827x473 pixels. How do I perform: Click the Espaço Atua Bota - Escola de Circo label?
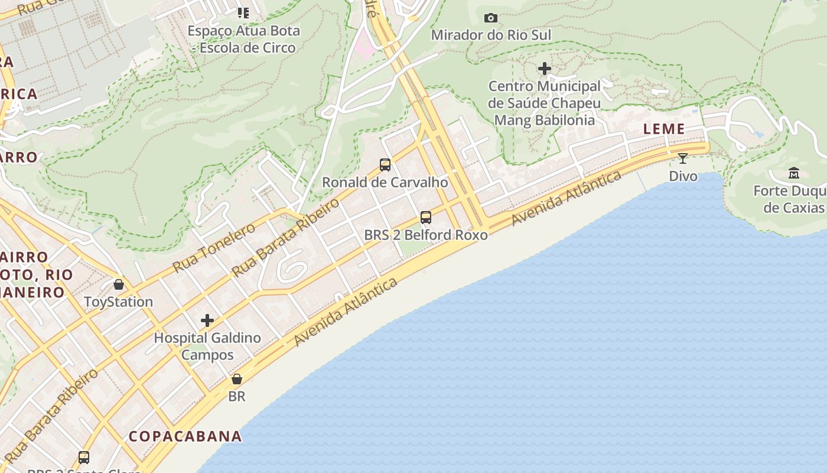[244, 39]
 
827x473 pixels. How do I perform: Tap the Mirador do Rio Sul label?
[491, 35]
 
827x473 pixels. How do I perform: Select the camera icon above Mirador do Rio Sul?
[491, 18]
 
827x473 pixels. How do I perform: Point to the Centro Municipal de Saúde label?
[544, 103]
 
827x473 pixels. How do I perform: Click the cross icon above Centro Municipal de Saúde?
[544, 69]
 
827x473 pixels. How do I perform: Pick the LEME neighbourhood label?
[664, 129]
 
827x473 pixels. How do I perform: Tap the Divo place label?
[683, 176]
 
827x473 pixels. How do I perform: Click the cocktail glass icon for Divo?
[683, 158]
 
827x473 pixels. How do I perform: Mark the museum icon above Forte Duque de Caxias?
[794, 173]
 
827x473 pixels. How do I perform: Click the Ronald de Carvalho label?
[385, 183]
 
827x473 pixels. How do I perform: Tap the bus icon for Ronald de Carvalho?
[385, 165]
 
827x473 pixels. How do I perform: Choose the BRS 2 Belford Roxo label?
[426, 235]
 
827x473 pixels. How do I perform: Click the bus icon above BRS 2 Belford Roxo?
[426, 217]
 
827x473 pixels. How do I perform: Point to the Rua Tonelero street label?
[214, 248]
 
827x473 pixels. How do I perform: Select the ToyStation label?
[118, 302]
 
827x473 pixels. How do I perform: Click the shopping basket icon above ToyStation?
[119, 284]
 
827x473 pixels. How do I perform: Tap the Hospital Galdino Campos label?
[207, 346]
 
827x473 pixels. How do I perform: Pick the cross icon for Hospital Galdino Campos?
[207, 320]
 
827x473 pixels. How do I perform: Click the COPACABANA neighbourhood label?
[185, 436]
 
